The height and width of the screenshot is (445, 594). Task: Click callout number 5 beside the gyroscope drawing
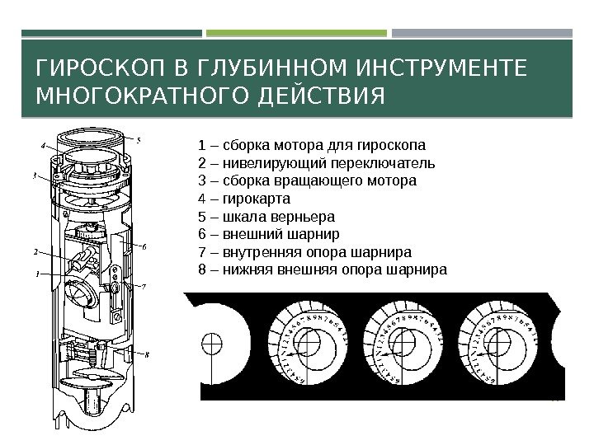point(139,139)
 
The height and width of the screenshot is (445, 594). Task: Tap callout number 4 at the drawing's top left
point(42,145)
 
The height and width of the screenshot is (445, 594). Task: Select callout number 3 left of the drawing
point(35,176)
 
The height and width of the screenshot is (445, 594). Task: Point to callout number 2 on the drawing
point(35,251)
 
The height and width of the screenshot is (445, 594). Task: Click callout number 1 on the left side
point(35,274)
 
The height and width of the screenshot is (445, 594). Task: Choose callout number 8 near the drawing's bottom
point(147,355)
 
